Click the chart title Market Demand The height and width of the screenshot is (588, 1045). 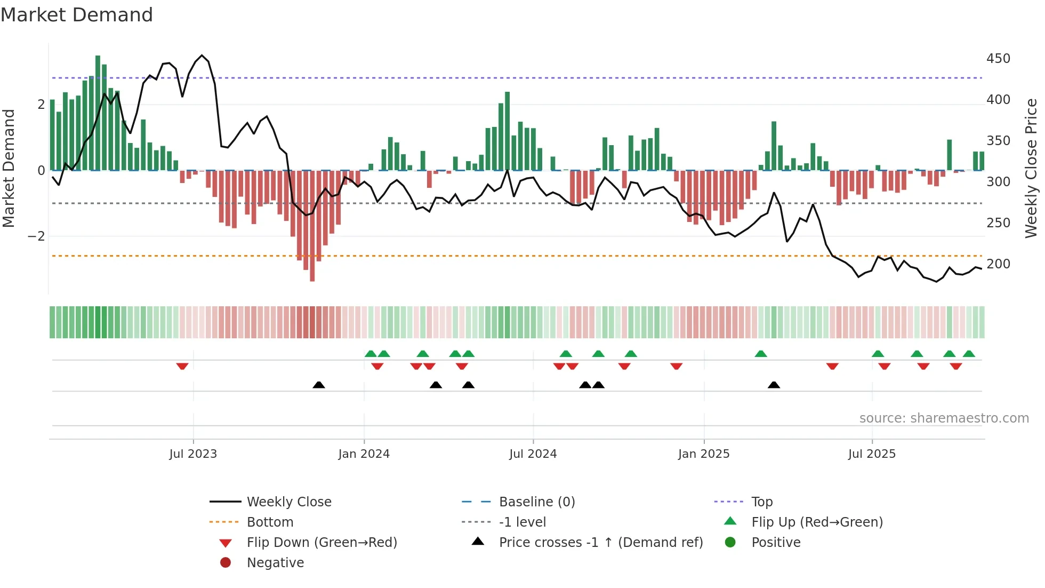tap(77, 15)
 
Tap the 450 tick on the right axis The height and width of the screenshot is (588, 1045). tap(998, 59)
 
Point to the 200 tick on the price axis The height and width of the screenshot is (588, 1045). tap(998, 264)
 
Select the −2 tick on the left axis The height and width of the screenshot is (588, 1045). tap(36, 236)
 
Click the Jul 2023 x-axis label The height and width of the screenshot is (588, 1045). tap(193, 454)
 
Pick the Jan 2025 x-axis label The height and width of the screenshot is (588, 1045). tap(704, 454)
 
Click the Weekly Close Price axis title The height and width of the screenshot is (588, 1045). tap(1031, 168)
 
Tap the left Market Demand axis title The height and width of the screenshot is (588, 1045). tap(9, 168)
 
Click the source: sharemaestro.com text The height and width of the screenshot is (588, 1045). tap(944, 418)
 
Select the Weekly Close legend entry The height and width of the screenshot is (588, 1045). tap(288, 502)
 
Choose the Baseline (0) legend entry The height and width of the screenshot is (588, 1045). tap(536, 502)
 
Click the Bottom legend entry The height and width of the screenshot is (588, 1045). tap(270, 522)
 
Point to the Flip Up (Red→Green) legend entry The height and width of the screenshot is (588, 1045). tap(817, 522)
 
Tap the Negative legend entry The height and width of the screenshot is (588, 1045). tap(275, 563)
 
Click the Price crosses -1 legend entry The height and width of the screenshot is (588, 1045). tap(600, 543)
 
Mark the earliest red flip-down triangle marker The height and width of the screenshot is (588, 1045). tap(182, 366)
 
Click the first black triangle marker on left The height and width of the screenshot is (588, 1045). tap(319, 385)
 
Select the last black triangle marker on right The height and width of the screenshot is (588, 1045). tap(774, 385)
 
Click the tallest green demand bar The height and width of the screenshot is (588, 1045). tap(98, 112)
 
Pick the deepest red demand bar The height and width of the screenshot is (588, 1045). tap(312, 225)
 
